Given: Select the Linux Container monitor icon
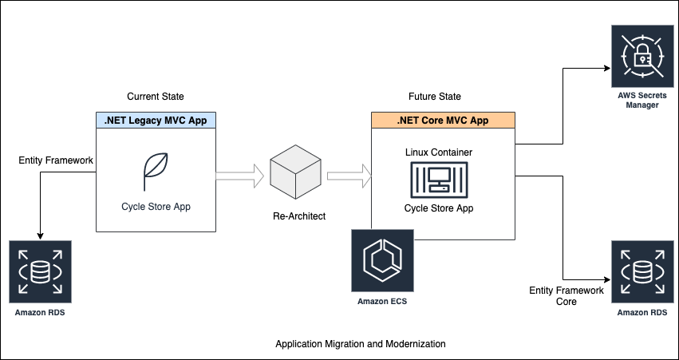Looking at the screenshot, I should point(438,181).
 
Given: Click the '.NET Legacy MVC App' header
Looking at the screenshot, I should point(156,121).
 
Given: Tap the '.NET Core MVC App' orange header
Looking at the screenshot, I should point(443,121).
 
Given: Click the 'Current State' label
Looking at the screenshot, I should point(156,97).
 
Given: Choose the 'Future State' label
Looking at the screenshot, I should point(434,97).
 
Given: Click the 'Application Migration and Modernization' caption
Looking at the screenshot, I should point(360,344).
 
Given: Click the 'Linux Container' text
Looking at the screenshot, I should point(438,152).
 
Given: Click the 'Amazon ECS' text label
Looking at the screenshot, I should point(382,301).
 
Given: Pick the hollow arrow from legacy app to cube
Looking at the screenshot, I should point(239,173).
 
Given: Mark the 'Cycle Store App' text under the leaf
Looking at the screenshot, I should point(156,206).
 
